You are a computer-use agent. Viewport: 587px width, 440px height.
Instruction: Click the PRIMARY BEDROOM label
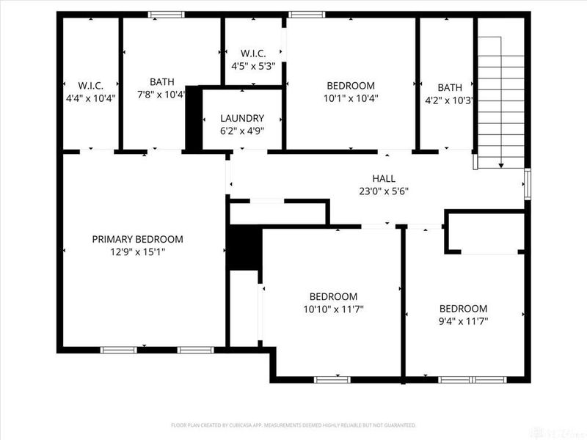137,239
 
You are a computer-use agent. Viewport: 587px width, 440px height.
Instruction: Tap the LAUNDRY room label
242,118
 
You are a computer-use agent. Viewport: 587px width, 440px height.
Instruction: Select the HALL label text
383,178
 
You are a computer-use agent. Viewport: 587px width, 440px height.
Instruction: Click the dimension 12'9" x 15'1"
137,252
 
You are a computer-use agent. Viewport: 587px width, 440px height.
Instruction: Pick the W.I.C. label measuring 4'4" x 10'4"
91,84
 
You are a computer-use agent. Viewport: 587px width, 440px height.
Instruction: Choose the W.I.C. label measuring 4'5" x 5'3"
253,54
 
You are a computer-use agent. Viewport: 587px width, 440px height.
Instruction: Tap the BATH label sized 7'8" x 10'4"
161,82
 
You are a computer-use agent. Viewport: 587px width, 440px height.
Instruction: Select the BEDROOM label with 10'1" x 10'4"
351,85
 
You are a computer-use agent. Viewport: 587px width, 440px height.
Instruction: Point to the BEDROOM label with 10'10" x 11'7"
333,296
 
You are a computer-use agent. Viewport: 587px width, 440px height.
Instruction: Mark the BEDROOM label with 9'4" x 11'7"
463,309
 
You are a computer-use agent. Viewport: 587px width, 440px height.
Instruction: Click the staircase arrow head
502,165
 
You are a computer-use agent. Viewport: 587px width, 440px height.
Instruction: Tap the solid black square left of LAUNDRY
193,120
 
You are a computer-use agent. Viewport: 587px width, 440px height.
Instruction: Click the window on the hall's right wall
528,183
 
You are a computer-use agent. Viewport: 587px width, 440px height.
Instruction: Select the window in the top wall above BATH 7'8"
167,14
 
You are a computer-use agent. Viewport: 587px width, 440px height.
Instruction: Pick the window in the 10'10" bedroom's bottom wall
332,379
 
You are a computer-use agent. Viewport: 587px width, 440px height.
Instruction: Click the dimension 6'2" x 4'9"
242,131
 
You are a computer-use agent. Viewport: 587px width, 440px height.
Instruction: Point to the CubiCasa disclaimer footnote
293,425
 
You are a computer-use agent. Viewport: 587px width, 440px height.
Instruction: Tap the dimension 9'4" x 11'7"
463,321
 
